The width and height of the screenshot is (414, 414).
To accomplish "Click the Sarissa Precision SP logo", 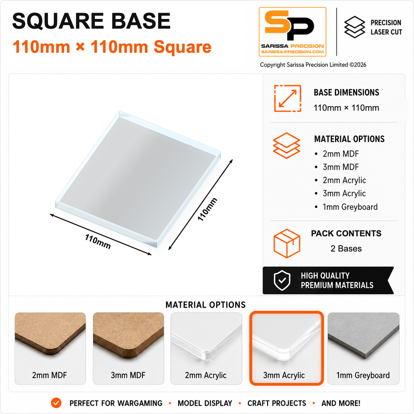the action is [293, 32].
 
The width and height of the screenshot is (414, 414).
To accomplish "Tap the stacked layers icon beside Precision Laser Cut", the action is [355, 27].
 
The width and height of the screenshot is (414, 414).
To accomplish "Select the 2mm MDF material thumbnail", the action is [50, 348].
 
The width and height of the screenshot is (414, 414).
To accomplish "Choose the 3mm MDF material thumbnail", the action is [128, 348].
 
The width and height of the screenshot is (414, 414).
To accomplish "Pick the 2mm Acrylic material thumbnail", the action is [206, 348].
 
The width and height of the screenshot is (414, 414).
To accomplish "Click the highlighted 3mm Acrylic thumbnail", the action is [286, 348].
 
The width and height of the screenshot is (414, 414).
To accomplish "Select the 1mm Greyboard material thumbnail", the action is [364, 348].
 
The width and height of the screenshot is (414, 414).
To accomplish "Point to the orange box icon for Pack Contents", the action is [287, 244].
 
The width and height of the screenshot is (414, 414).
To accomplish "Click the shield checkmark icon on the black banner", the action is [282, 280].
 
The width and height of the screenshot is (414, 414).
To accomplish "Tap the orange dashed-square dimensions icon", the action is [288, 98].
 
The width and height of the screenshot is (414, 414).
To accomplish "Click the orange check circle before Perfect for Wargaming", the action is [56, 403].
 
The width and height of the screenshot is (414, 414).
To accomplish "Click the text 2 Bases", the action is [346, 248].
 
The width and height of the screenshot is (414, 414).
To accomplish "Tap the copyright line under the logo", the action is [313, 65].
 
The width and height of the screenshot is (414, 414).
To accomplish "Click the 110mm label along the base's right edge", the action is [207, 209].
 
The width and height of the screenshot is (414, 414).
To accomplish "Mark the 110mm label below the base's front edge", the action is [98, 241].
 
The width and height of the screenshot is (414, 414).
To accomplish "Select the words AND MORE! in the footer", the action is [341, 403].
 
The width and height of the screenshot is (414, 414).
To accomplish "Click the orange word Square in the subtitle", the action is [183, 47].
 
